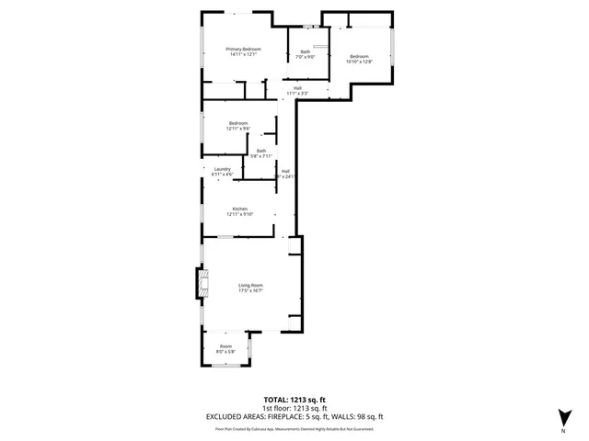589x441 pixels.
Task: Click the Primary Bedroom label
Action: pos(244,49)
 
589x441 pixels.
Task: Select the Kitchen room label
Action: pos(239,209)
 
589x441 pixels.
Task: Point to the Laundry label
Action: pos(222,168)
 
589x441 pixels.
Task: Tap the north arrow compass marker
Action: pos(562,416)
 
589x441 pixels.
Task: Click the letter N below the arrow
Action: pos(562,430)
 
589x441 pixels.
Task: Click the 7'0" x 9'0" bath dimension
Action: pos(305,57)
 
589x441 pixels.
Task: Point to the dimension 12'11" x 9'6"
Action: pos(239,129)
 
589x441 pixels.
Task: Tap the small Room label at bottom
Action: pos(225,346)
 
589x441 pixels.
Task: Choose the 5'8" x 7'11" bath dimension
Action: pos(261,156)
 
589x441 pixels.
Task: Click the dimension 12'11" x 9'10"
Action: pos(239,214)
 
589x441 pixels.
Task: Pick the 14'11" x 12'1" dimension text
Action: pos(244,54)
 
